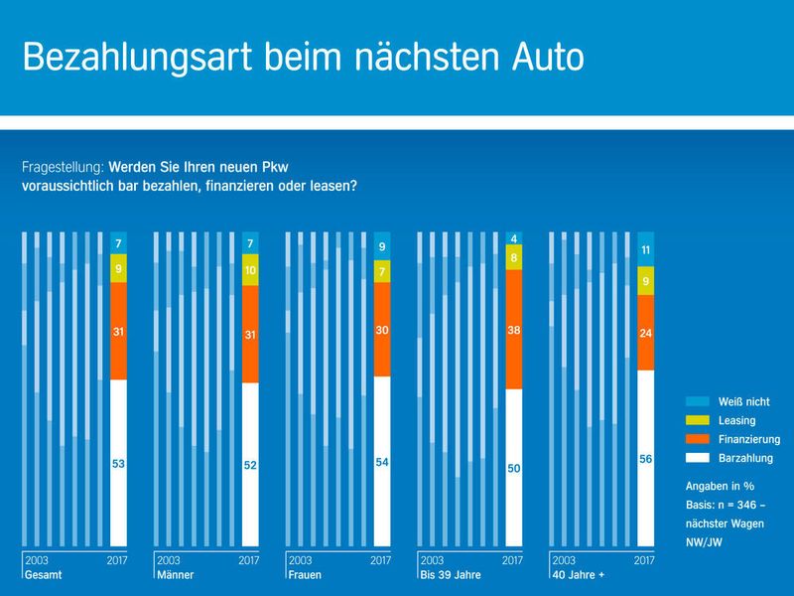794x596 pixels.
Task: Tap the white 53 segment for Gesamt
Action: (118, 463)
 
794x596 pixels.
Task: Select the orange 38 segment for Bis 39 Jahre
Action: (513, 329)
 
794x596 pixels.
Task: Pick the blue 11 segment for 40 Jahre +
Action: (645, 249)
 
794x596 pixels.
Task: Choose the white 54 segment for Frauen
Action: (382, 462)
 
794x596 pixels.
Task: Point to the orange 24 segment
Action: (645, 333)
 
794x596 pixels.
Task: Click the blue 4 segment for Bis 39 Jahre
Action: (513, 238)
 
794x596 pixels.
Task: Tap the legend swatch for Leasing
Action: (698, 420)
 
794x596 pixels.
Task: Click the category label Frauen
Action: (304, 575)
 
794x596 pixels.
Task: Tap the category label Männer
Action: (174, 575)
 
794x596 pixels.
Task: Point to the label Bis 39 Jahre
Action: (450, 575)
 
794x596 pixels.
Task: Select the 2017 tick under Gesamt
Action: (117, 560)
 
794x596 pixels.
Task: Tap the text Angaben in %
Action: (719, 487)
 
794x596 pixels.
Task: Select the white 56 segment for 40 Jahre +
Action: (645, 459)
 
